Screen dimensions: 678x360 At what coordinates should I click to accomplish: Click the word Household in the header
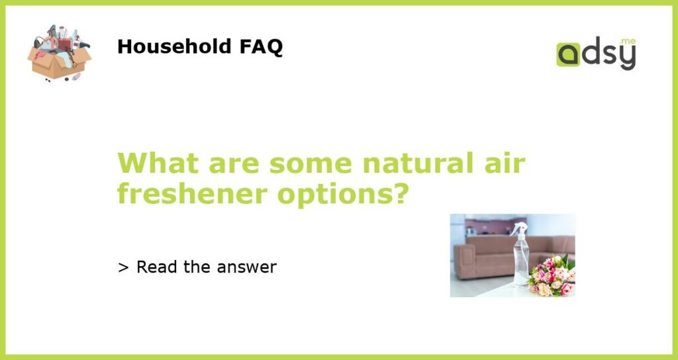point(175,46)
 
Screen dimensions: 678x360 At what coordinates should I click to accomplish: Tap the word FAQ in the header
point(261,47)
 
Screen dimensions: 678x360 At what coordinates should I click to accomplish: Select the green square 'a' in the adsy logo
point(567,54)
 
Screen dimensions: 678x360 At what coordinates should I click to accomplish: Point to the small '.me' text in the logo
point(628,42)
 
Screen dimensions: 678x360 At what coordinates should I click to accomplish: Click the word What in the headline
point(158,163)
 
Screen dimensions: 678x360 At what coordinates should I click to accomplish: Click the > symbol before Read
point(123,268)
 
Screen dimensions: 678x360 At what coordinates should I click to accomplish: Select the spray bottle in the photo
point(520,254)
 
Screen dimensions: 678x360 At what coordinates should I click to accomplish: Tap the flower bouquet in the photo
point(552,276)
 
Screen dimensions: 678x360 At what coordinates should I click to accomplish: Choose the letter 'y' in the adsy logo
point(628,58)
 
